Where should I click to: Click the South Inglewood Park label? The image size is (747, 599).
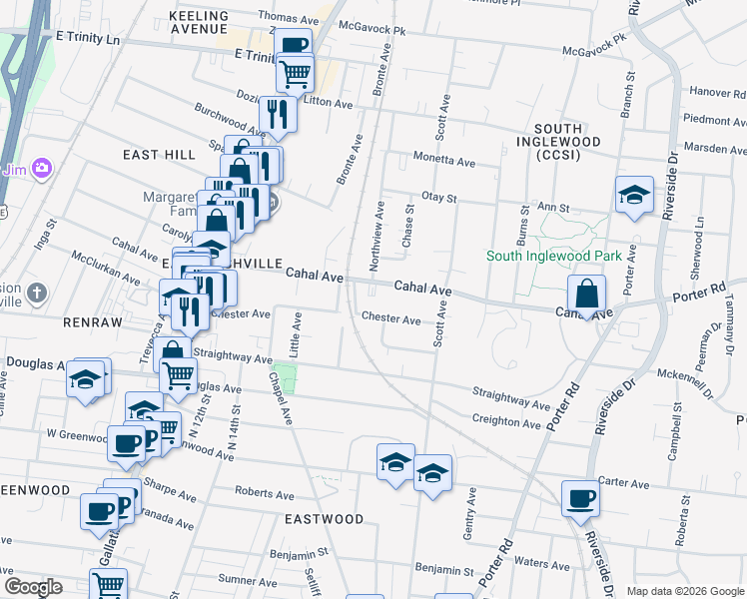pos(554,256)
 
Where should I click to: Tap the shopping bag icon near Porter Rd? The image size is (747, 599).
pos(588,295)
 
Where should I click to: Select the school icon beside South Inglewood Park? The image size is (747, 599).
pos(634,196)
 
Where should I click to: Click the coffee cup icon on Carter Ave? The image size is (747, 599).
pos(580,499)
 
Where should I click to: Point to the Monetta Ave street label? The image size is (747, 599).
pos(445,161)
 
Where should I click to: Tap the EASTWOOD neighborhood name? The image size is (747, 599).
pos(325,519)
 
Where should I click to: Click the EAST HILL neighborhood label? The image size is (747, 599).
pos(160,155)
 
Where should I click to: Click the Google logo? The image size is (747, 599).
pos(33,587)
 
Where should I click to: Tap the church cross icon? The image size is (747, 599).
pos(37,294)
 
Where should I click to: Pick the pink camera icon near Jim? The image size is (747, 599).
pos(42,168)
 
